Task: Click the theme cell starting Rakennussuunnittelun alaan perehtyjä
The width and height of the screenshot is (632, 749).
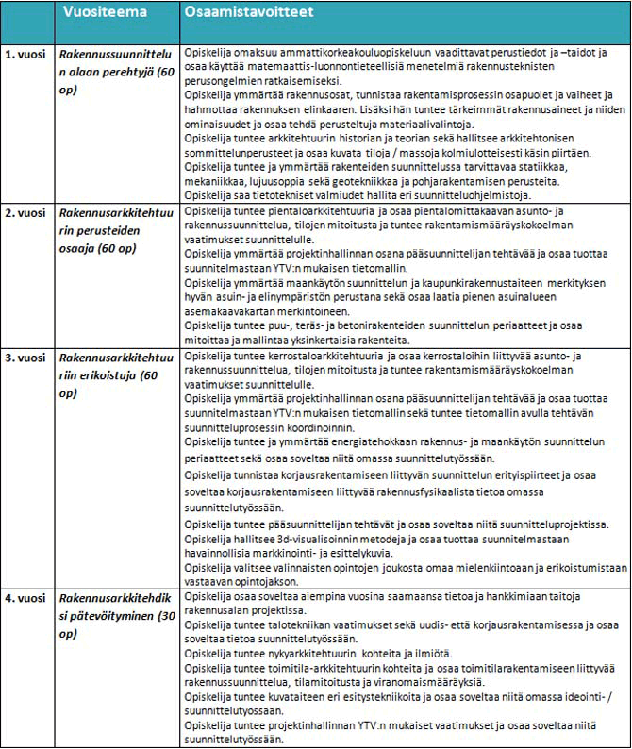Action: pos(114,72)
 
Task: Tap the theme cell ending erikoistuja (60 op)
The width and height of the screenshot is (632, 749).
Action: pos(114,374)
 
